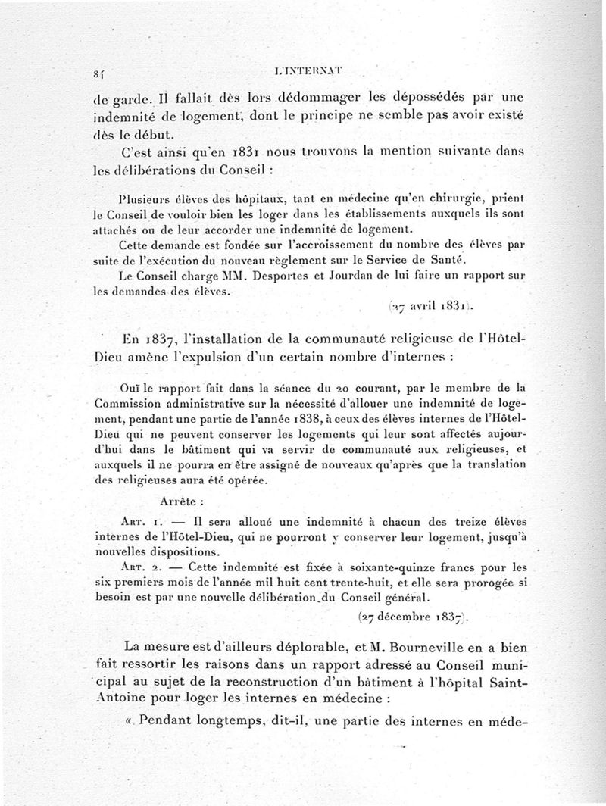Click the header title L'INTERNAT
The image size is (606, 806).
pyautogui.click(x=308, y=73)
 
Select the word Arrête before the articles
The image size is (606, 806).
pyautogui.click(x=180, y=501)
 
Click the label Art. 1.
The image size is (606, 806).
pyautogui.click(x=138, y=523)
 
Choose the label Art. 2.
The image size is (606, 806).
pyautogui.click(x=138, y=567)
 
